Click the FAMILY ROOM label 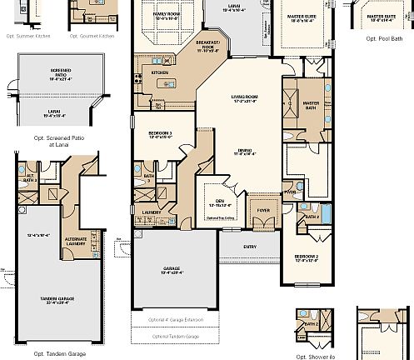[x=167, y=15]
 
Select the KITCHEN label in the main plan [x=160, y=72]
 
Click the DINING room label [x=244, y=151]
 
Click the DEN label [x=220, y=202]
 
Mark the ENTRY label [x=250, y=247]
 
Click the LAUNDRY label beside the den [x=151, y=212]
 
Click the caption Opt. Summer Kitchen [x=27, y=37]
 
